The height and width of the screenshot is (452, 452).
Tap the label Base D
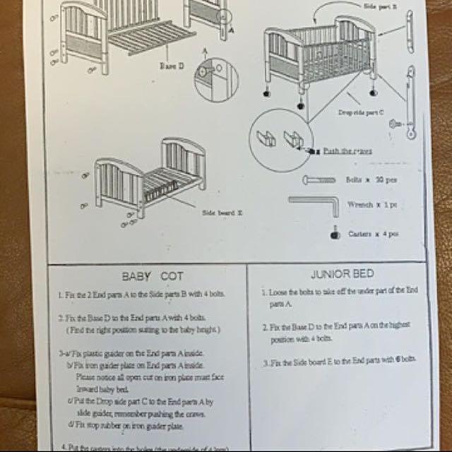point(171,65)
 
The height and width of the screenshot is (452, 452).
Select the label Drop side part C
point(359,112)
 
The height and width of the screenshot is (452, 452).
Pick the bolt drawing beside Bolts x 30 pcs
point(321,181)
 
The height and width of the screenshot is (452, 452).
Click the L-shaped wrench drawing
point(314,206)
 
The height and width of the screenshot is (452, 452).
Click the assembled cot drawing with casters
point(318,60)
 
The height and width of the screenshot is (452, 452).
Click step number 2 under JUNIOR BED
point(263,328)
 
